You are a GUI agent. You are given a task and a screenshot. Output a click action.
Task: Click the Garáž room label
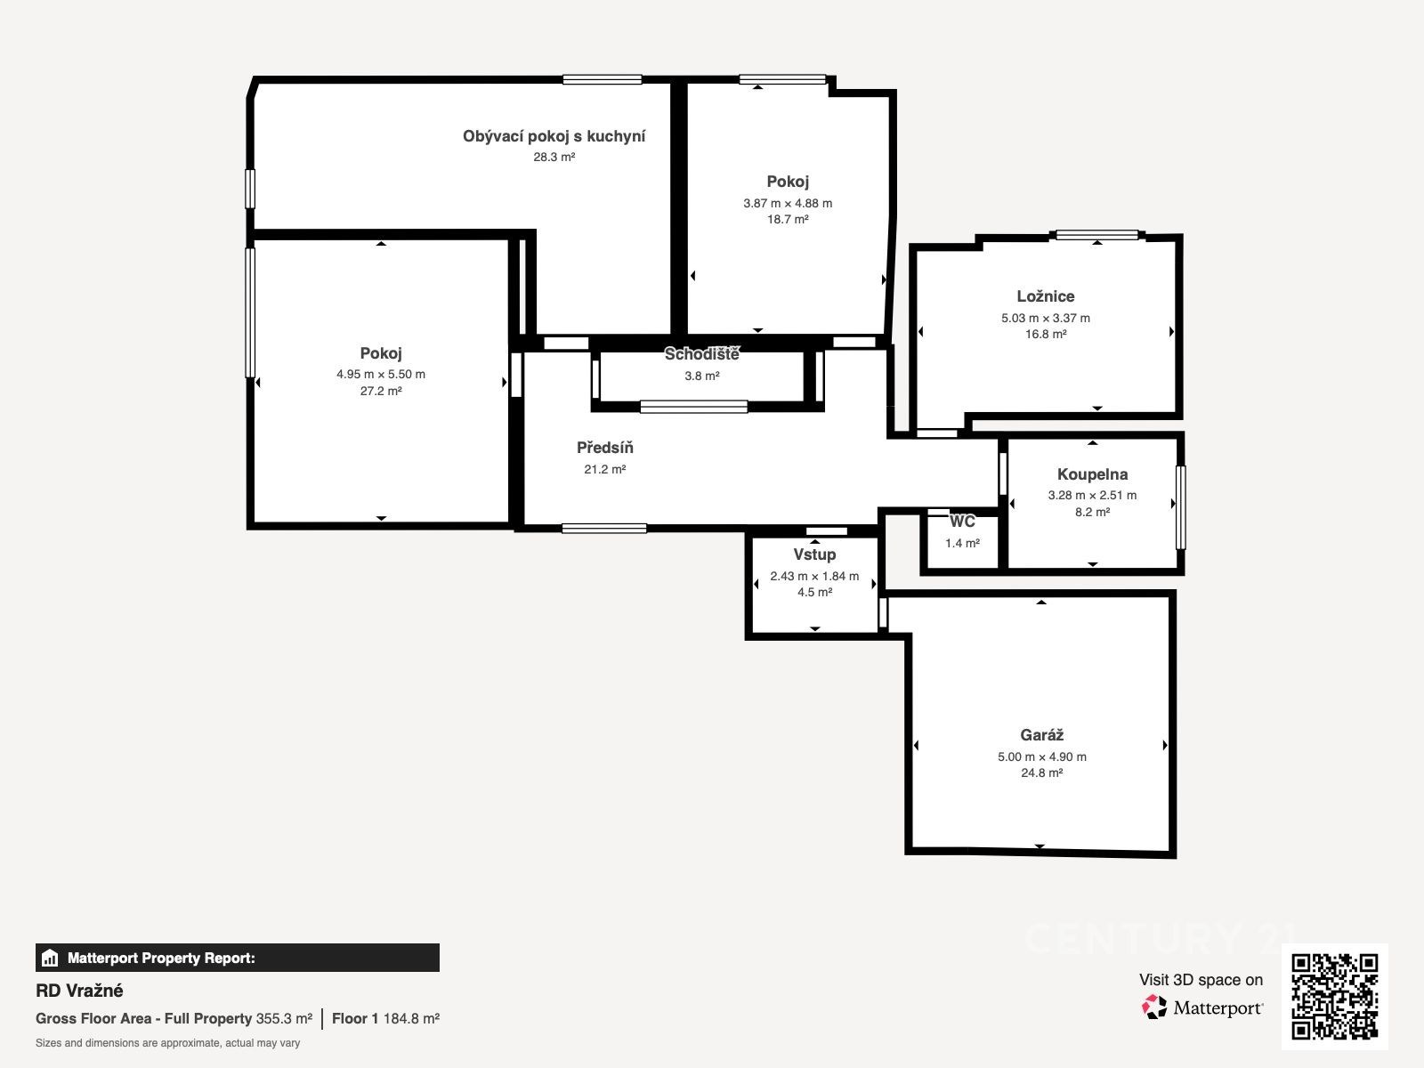tap(1041, 735)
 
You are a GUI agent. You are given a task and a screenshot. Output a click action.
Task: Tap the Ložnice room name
tap(1045, 296)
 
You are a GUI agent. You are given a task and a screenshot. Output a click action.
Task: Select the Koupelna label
tap(1093, 474)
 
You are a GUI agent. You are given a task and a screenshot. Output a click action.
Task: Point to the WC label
tap(962, 522)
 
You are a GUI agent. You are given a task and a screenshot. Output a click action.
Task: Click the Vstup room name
tap(814, 554)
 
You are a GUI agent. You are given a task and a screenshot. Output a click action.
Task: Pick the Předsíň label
tap(604, 448)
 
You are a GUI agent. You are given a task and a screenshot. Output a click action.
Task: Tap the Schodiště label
tap(701, 354)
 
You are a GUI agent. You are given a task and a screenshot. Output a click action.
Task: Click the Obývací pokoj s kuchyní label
tap(554, 136)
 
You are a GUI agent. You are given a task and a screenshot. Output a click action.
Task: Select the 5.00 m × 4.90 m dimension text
tap(1042, 756)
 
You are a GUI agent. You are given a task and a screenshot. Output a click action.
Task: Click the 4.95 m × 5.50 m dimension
tap(381, 374)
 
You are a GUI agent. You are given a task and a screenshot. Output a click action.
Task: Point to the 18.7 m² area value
tap(788, 219)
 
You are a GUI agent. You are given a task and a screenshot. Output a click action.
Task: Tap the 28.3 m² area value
tap(554, 157)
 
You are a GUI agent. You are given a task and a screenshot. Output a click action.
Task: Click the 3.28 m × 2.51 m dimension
tap(1093, 496)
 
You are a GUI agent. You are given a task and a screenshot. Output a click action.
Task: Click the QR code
tap(1334, 997)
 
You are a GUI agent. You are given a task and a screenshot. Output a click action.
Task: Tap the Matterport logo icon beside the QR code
tap(1154, 1007)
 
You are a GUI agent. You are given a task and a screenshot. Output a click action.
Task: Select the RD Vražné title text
tap(79, 991)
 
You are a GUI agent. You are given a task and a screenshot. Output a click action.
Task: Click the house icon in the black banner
tap(49, 958)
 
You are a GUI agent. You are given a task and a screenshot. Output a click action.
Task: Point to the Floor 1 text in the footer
tap(355, 1019)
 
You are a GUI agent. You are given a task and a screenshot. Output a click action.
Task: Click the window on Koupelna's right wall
tap(1181, 507)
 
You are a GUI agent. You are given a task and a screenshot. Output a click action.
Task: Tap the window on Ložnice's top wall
tap(1097, 235)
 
